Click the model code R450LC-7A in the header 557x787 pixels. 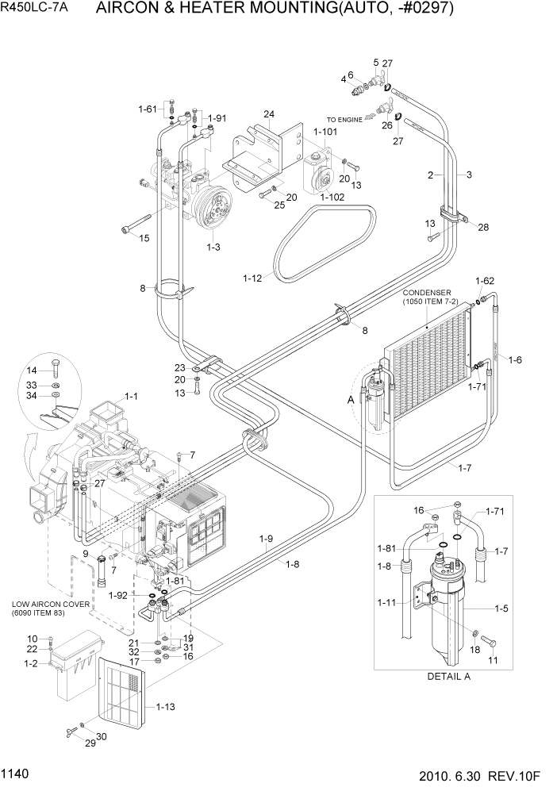point(38,10)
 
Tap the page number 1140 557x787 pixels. point(17,772)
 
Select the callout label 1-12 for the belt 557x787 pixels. point(253,278)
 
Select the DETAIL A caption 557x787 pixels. point(448,677)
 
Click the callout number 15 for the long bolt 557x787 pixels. point(144,238)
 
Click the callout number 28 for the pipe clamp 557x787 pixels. point(483,228)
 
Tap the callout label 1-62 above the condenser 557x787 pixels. point(485,281)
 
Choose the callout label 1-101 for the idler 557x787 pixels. point(325,132)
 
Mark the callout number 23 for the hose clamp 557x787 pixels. point(180,367)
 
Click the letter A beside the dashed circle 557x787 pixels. point(350,401)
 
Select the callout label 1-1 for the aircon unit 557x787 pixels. point(131,396)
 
